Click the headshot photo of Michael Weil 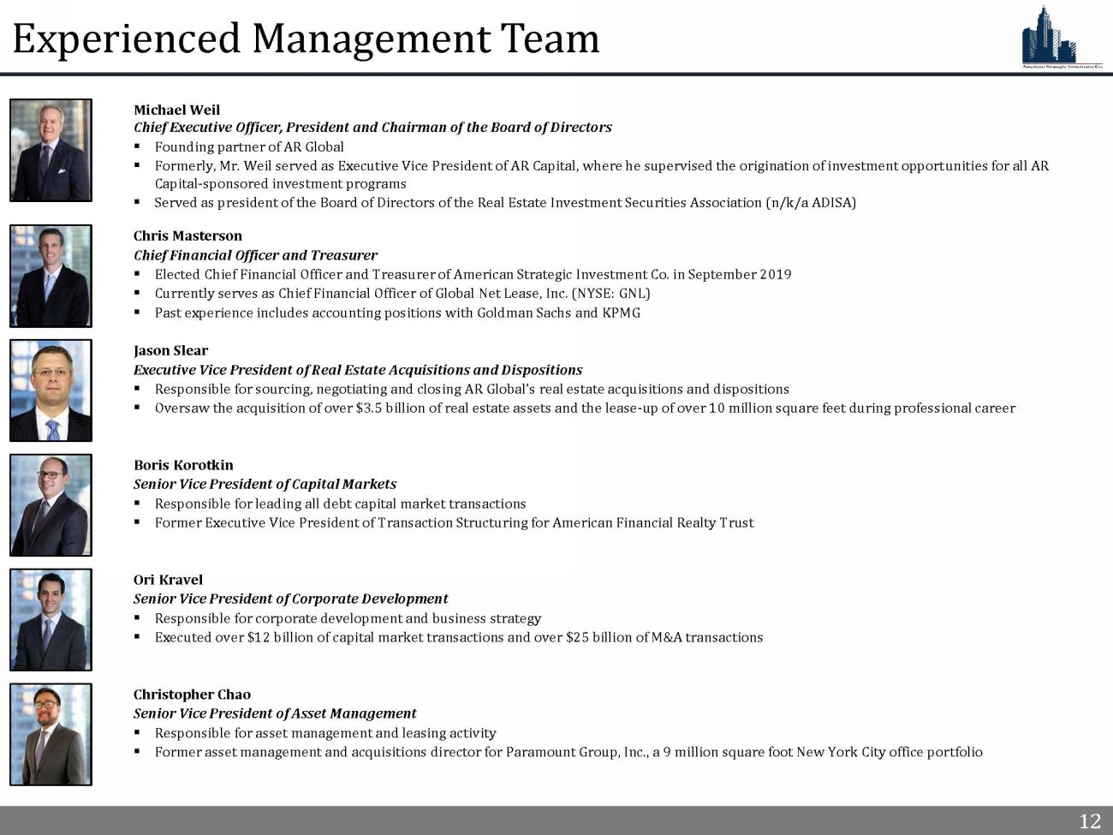coord(51,151)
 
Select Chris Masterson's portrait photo coord(51,276)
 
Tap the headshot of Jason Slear coord(51,391)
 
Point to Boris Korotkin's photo coord(51,505)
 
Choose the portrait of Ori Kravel coord(51,620)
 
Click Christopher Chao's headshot coord(51,735)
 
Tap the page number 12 coord(1089,821)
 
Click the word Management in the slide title coord(371,39)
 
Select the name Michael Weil coord(176,110)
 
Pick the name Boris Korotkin coord(183,465)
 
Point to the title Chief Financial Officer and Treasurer coord(255,255)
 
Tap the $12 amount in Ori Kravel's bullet coord(258,638)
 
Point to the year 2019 coord(776,275)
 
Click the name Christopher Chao coord(192,695)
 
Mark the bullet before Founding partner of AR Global coord(137,146)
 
